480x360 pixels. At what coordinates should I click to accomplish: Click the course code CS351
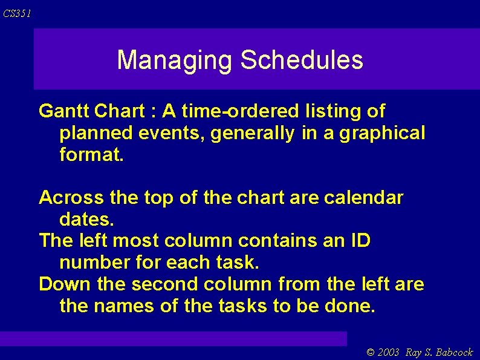17,13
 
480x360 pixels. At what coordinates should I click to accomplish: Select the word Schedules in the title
302,60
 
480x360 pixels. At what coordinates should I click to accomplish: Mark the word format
91,154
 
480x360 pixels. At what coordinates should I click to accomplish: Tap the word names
124,306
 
